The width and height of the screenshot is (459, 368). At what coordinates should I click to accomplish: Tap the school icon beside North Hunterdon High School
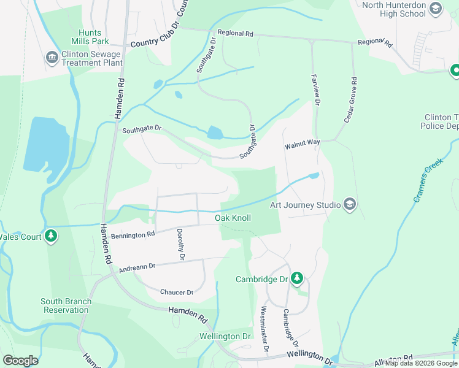[x=436, y=9]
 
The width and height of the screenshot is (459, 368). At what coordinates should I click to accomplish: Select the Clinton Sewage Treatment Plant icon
[x=52, y=58]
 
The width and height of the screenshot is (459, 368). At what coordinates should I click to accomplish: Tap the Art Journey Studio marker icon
[x=349, y=204]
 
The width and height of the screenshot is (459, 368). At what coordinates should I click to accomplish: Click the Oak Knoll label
[x=233, y=218]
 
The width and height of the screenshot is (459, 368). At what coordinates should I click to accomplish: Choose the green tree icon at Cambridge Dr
[x=297, y=279]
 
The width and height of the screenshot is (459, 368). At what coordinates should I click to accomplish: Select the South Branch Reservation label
[x=66, y=305]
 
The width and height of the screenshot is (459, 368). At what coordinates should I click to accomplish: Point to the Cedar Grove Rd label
[x=350, y=100]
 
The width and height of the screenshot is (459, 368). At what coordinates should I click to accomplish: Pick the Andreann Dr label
[x=137, y=267]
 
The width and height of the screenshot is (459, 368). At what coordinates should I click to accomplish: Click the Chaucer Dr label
[x=176, y=292]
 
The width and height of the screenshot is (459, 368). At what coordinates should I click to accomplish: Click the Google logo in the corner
[x=20, y=360]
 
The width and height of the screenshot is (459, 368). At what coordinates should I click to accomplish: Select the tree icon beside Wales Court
[x=52, y=236]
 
